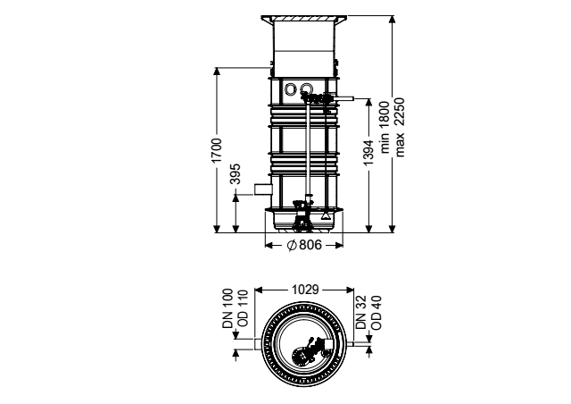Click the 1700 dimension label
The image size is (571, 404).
pos(217,151)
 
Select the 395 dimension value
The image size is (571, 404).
pos(236,174)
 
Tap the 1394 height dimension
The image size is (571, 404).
pos(368,153)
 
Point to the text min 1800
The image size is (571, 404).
pos(385,127)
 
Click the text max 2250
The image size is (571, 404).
pos(400,127)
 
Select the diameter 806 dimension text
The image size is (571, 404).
pos(305,245)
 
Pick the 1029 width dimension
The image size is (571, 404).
pos(305,290)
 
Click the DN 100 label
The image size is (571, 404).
pos(228,308)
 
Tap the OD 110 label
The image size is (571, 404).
pos(242,308)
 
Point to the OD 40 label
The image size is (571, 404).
pos(377,313)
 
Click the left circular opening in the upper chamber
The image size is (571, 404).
pos(291,88)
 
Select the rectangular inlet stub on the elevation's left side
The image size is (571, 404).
pos(263,189)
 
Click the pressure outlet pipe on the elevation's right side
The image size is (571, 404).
pos(345,98)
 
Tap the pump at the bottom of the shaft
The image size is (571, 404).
pos(302,215)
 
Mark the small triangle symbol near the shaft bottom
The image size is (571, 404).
pos(325,216)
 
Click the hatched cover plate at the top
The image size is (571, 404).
pos(304,18)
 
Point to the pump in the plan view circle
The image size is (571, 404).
pos(305,354)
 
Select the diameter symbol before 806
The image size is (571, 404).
pos(292,245)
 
